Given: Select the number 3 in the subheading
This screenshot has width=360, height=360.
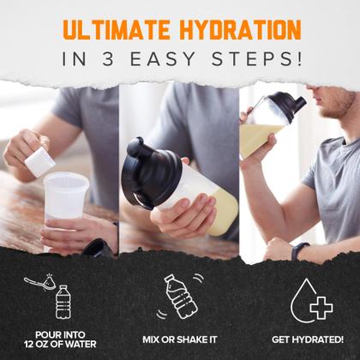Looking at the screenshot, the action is coord(108,59).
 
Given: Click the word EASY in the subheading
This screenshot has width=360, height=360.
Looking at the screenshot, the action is coord(163,59).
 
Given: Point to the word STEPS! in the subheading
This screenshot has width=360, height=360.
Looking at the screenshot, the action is coord(256,59).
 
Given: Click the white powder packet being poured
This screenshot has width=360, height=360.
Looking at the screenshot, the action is coord(40,162).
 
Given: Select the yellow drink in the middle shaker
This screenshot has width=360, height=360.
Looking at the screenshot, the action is coord(223,212).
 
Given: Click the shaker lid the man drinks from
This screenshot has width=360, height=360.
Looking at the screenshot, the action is coord(286,105).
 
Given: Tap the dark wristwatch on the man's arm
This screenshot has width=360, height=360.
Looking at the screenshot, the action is coord(299,251).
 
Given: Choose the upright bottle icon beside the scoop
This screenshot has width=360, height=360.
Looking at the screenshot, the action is coord(63,302).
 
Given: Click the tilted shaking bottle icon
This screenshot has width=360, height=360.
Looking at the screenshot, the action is coord(181,297).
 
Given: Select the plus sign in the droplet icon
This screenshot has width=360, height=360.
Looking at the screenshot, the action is coord(321,308).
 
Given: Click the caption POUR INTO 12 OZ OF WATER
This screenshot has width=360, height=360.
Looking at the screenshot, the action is coord(60,339).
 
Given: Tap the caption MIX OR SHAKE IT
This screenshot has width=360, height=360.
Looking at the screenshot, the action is coord(180,339).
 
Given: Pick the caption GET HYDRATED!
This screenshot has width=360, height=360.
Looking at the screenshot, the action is coord(308,339).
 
